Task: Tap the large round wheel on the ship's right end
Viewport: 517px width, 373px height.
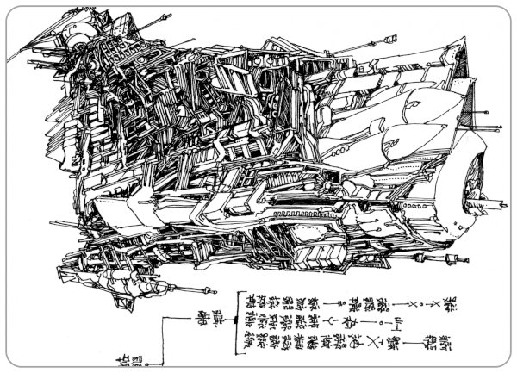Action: pyautogui.click(x=473, y=186)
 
